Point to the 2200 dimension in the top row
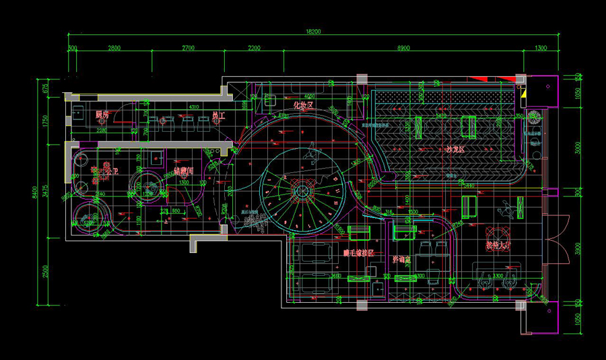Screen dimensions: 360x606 tap(253, 48)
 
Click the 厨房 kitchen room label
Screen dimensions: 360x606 tap(102, 115)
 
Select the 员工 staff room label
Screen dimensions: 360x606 tap(217, 116)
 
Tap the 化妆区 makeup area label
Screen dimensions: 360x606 tap(303, 106)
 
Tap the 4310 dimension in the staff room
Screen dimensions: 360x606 tap(193, 108)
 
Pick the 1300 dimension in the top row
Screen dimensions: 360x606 tap(540, 48)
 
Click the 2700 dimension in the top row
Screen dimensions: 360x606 tap(187, 48)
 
